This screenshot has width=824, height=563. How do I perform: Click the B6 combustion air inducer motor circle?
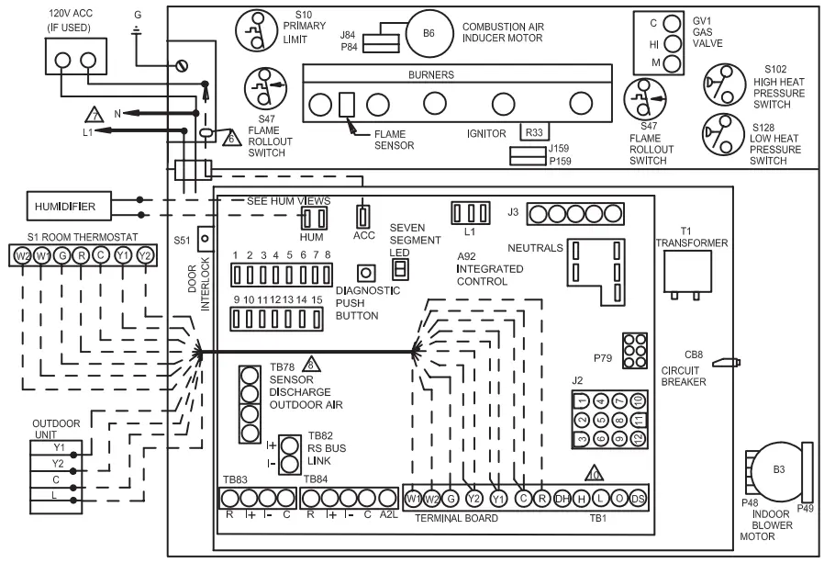[429, 33]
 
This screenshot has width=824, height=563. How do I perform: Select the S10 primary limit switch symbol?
[256, 32]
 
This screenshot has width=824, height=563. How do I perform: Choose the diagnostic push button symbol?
[365, 273]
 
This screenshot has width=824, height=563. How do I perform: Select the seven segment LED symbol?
[400, 268]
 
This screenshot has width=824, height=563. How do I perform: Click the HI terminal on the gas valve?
[673, 43]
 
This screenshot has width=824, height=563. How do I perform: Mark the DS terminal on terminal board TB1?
[637, 499]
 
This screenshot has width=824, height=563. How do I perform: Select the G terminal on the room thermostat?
[61, 255]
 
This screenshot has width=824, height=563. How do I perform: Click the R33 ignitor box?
[534, 132]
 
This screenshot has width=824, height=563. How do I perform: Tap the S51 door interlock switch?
[206, 238]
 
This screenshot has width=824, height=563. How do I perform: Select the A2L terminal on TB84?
[388, 499]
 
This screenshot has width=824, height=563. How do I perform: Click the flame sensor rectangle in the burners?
[347, 105]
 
